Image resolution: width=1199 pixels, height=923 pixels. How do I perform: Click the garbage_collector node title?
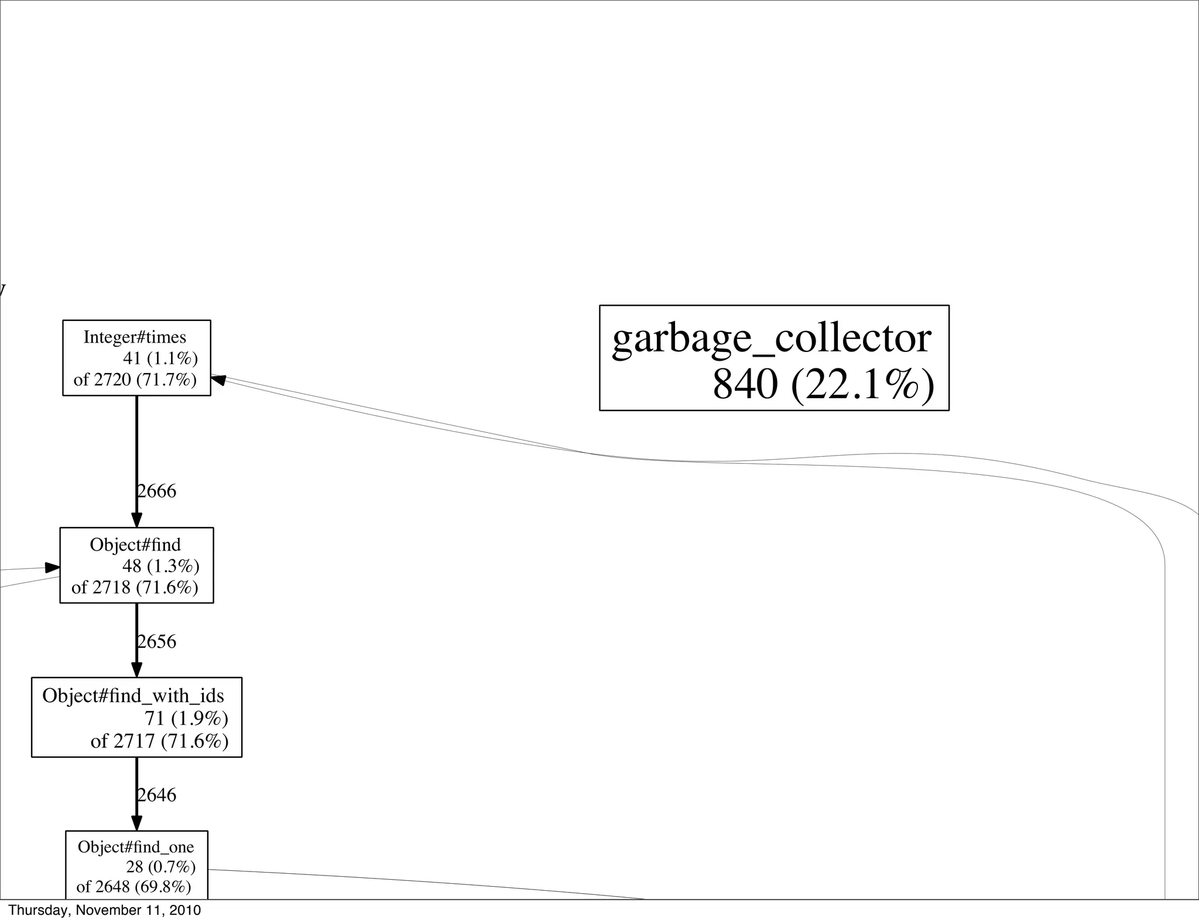[771, 339]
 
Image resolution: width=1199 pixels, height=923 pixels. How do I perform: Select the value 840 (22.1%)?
[823, 385]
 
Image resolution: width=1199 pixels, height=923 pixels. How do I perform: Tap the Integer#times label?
[135, 337]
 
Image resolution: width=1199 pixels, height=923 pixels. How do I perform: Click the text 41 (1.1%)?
[160, 358]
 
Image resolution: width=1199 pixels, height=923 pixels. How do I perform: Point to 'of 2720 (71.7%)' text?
[135, 380]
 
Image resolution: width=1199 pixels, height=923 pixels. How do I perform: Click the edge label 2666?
[156, 491]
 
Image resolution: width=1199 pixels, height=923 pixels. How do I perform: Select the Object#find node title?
[135, 545]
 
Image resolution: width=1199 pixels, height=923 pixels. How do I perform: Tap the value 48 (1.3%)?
[160, 566]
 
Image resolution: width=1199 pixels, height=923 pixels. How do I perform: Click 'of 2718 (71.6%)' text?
[135, 587]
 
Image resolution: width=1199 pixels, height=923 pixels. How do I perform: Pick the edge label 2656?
[156, 642]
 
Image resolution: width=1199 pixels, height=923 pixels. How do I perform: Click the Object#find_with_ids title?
[133, 696]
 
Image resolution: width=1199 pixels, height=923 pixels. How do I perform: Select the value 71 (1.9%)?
[186, 718]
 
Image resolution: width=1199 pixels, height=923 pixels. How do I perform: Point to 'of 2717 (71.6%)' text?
[159, 741]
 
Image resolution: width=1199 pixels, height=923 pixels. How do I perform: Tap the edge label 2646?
[156, 795]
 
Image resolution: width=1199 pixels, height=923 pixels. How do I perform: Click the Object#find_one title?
[136, 847]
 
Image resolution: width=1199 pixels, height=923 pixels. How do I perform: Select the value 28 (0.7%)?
[160, 867]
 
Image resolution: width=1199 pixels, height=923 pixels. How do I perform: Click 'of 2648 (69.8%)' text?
[133, 887]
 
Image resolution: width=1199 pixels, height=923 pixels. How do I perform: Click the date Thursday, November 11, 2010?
[105, 910]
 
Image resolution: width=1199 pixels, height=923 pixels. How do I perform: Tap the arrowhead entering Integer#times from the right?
[218, 380]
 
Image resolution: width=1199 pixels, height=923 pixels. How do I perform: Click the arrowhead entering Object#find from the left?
[53, 568]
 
